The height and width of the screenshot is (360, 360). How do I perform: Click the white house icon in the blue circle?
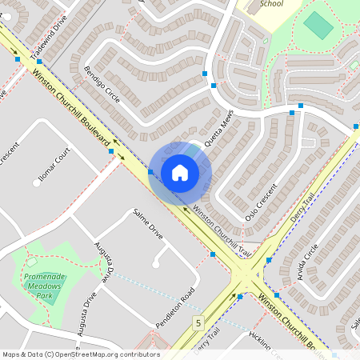point(179,172)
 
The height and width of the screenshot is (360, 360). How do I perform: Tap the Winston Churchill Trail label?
point(222,232)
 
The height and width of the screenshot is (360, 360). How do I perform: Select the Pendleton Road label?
point(174,310)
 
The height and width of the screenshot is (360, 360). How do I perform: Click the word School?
point(272,4)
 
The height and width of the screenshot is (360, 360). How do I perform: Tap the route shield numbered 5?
point(197,322)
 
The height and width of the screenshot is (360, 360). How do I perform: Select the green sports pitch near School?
point(318,26)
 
